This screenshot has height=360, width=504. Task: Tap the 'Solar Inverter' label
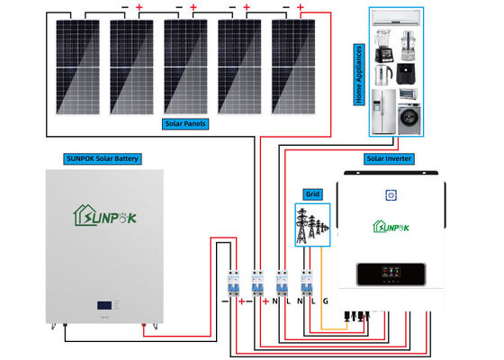[389, 158]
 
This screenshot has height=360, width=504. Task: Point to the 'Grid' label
[312, 193]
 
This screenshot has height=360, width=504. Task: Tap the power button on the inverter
[391, 194]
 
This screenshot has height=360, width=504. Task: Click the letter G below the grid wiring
[325, 300]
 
